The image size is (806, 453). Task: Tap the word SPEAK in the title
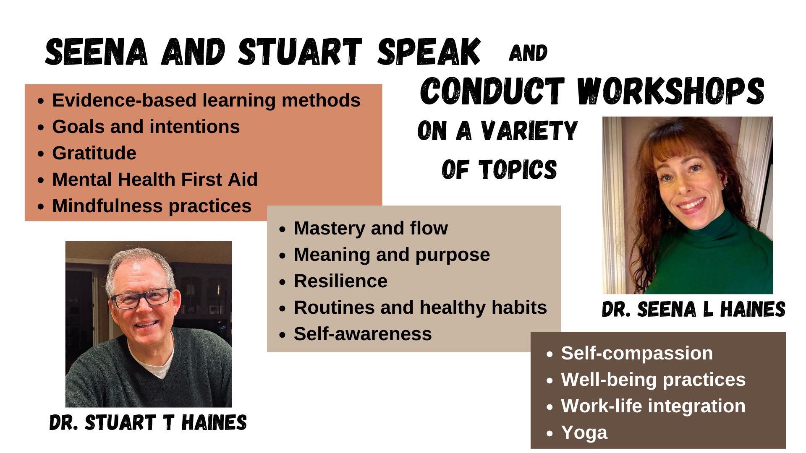429,52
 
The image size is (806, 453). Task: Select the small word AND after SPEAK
528,53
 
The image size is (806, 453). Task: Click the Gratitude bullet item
94,153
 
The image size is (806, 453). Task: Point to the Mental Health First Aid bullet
154,180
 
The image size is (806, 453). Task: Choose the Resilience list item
340,281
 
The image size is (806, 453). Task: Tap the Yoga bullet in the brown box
584,433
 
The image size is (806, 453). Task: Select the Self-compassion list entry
637,353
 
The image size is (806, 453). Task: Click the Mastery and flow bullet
371,229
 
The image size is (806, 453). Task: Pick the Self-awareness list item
363,334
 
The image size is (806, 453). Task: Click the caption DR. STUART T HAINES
148,422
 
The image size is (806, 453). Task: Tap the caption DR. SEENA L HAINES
693,310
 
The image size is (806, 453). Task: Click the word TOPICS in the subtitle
518,169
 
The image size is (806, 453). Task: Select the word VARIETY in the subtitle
529,130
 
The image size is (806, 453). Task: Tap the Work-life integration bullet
653,406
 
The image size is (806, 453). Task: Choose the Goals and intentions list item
146,127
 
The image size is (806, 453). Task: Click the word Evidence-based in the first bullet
124,100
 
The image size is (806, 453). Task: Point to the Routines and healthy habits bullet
420,307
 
